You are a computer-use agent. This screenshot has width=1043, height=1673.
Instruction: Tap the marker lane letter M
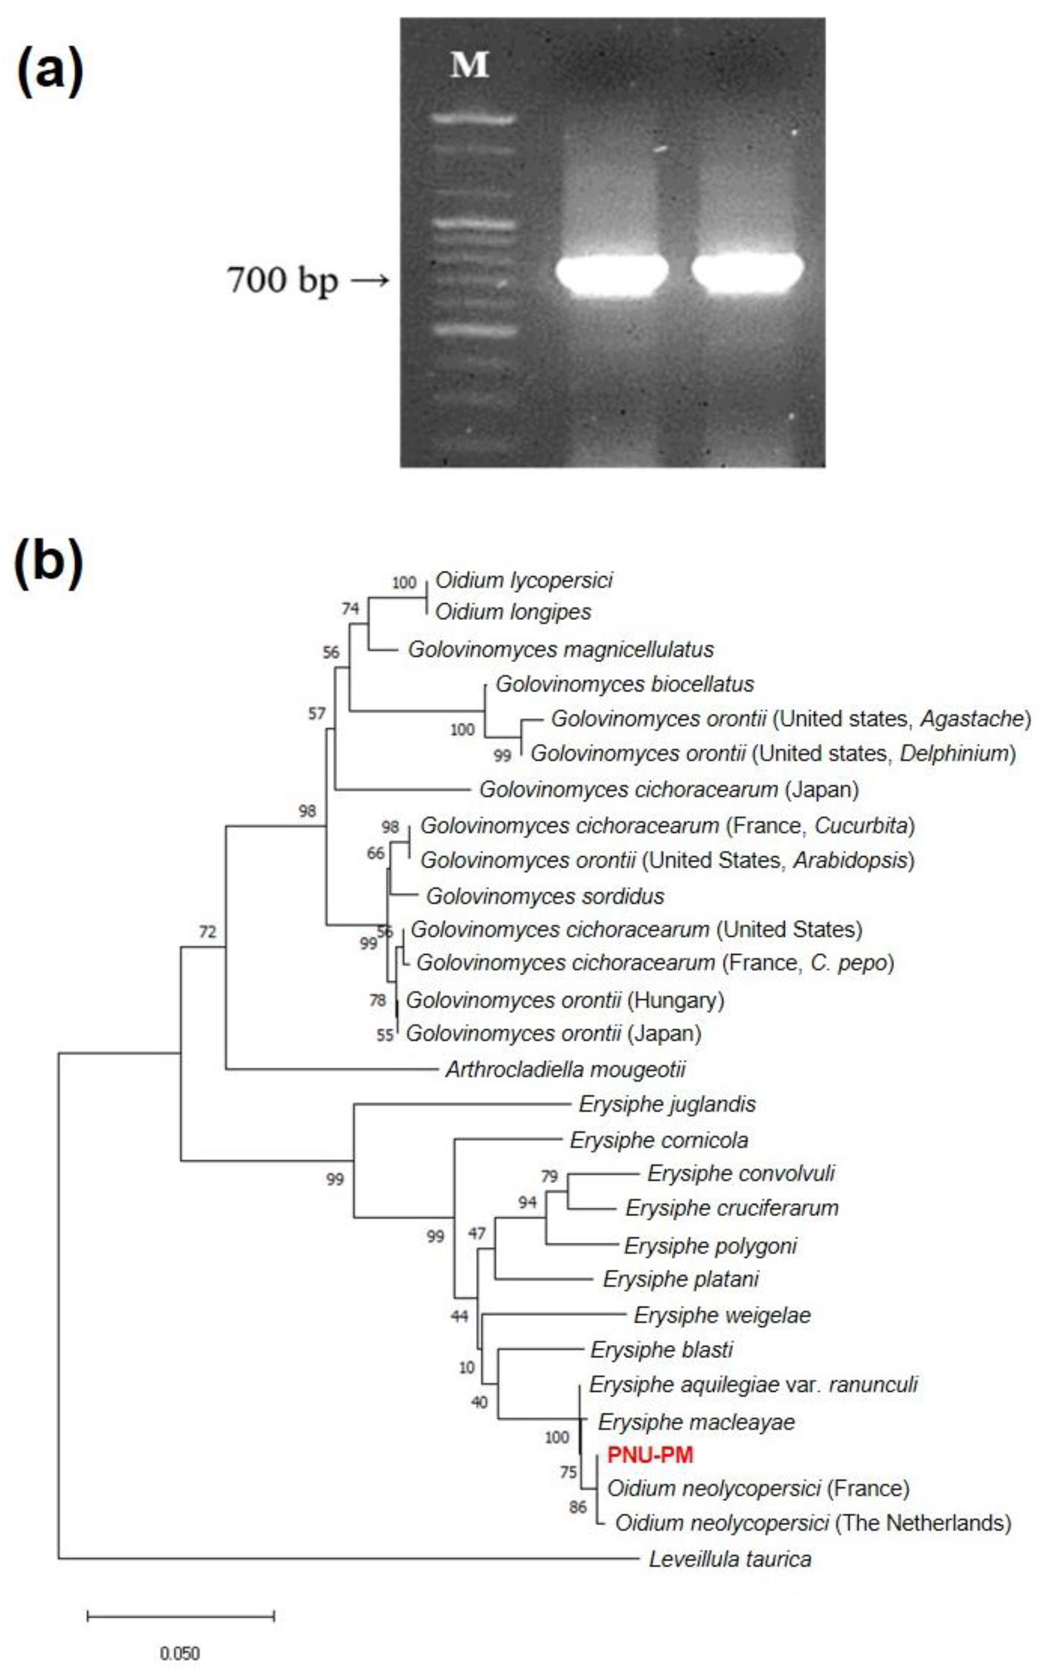(470, 65)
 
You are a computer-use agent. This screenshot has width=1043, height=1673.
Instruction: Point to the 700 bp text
(283, 281)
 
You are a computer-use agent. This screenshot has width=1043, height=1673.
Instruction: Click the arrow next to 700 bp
(370, 281)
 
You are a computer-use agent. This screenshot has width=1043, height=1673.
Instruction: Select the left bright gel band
(612, 274)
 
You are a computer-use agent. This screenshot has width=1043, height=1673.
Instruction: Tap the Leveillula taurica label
(730, 1559)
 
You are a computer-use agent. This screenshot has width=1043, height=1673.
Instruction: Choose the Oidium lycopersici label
(524, 581)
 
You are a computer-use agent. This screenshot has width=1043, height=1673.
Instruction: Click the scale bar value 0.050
(180, 1654)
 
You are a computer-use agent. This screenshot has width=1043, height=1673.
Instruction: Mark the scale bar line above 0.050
(181, 1616)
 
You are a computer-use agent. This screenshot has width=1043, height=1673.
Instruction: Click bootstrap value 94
(527, 1203)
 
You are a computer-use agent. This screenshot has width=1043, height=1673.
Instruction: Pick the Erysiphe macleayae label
(696, 1422)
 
